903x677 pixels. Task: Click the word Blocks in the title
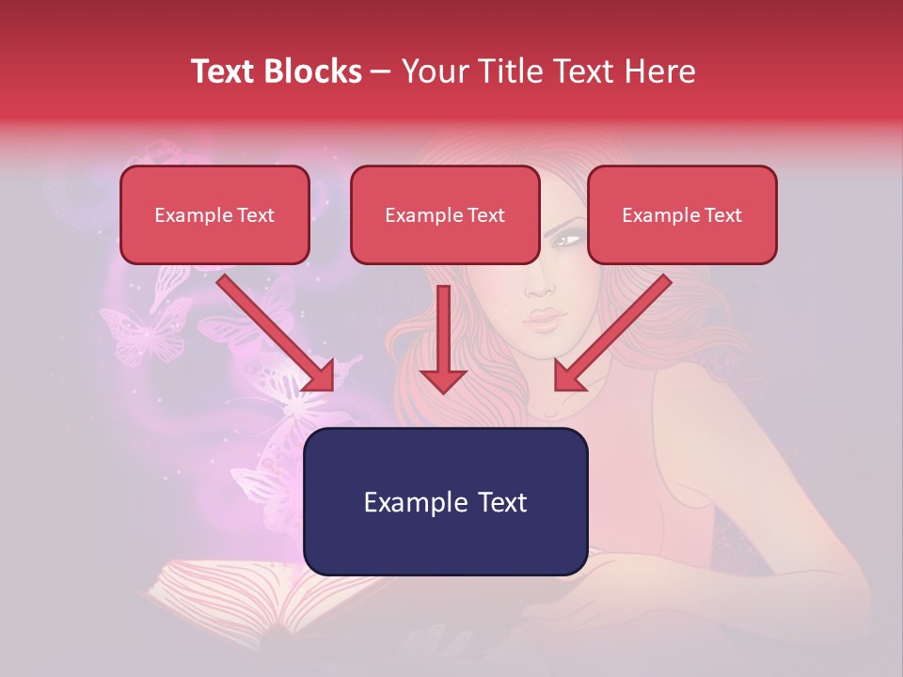[315, 71]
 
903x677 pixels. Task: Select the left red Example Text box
[214, 214]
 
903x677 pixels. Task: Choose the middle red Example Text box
[445, 214]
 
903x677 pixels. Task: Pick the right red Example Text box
[682, 214]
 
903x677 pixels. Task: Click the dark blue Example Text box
[445, 501]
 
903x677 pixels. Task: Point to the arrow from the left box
[277, 334]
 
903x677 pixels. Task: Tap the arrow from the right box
[611, 334]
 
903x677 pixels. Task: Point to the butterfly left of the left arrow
[146, 334]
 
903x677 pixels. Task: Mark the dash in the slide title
[381, 71]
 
